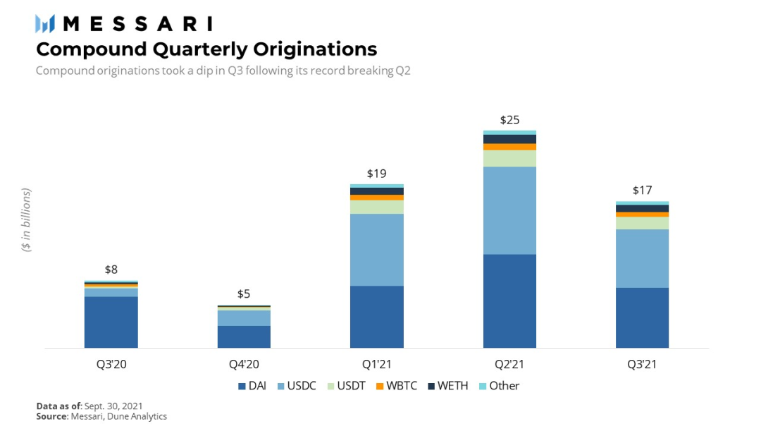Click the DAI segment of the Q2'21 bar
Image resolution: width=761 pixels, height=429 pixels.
[x=509, y=301]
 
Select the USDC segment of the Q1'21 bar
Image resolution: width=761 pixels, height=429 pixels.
[x=376, y=250]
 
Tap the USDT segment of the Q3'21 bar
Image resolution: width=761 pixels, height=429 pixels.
[x=642, y=223]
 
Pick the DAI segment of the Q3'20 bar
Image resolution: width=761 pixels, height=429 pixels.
[x=111, y=322]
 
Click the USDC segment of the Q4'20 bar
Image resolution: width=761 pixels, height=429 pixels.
[x=244, y=318]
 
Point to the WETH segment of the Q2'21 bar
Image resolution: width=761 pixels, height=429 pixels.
[x=509, y=139]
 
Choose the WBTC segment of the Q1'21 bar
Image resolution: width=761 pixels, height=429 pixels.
[x=376, y=198]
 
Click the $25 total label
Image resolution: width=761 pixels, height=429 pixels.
[x=509, y=120]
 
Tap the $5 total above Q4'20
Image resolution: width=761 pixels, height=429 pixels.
[x=244, y=294]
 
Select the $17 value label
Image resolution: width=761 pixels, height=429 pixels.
[x=642, y=190]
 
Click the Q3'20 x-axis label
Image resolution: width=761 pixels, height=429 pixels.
[x=111, y=364]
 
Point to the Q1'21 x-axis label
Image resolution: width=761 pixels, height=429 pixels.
[x=376, y=364]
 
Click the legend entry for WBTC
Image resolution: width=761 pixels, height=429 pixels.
[x=397, y=386]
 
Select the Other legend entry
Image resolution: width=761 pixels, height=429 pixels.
[x=499, y=386]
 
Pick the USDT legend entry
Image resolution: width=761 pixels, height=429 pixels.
[x=346, y=386]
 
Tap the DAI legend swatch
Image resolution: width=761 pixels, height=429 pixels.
[x=242, y=386]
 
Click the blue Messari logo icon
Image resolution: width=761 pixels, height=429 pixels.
[x=45, y=24]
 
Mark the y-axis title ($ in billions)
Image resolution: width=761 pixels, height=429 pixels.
[x=26, y=219]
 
